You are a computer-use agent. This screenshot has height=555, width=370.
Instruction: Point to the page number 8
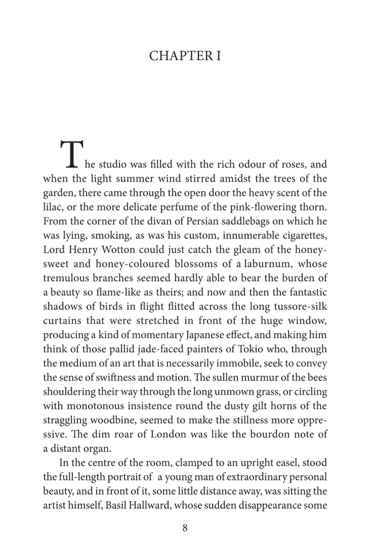click(185, 528)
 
